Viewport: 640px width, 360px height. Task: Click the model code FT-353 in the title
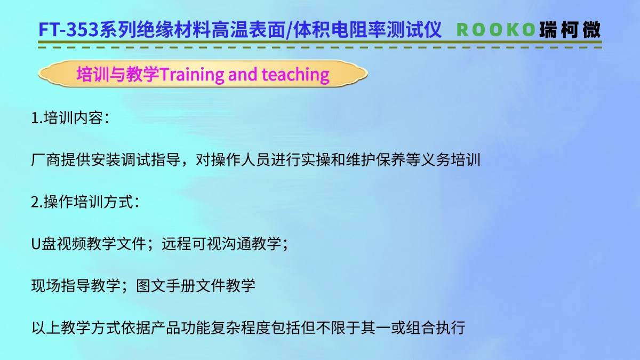pyautogui.click(x=69, y=30)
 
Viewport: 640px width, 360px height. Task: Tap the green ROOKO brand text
pyautogui.click(x=495, y=30)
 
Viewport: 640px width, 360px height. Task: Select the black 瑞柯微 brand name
pyautogui.click(x=570, y=30)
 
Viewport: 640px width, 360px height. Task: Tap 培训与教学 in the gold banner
pyautogui.click(x=118, y=74)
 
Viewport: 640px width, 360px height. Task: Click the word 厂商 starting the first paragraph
pyautogui.click(x=46, y=160)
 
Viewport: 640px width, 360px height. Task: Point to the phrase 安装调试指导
pyautogui.click(x=136, y=160)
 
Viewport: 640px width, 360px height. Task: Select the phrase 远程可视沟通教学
pyautogui.click(x=221, y=244)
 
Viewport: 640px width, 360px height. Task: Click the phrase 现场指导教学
pyautogui.click(x=76, y=286)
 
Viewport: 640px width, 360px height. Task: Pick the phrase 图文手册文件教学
pyautogui.click(x=195, y=286)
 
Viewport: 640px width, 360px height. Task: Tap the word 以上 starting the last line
pyautogui.click(x=46, y=327)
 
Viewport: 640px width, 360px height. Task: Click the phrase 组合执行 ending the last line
pyautogui.click(x=435, y=327)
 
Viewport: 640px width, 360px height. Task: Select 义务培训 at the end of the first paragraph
pyautogui.click(x=451, y=160)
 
